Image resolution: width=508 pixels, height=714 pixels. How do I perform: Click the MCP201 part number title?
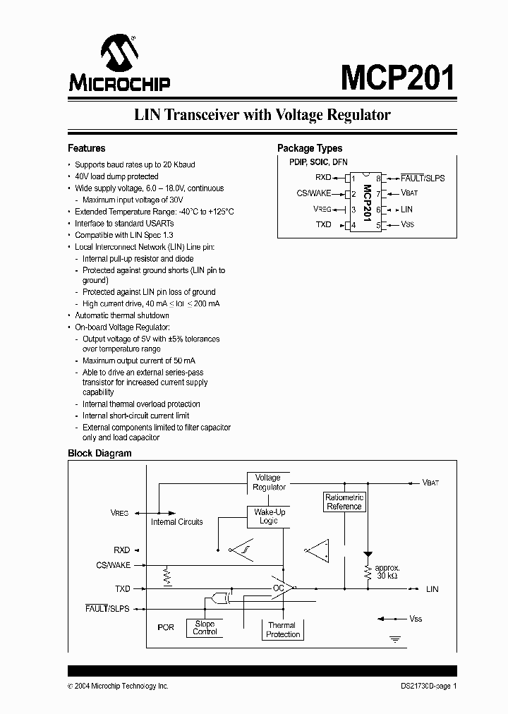398,77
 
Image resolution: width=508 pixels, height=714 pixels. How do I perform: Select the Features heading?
86,148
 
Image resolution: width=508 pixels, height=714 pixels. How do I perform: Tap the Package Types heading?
310,148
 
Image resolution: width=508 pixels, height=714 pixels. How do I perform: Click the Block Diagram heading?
99,454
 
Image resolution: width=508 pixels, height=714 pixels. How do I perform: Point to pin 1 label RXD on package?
323,178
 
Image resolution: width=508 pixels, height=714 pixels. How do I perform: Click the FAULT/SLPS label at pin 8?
423,178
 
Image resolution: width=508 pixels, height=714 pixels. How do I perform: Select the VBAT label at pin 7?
410,193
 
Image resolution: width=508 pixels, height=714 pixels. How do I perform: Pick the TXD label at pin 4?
323,225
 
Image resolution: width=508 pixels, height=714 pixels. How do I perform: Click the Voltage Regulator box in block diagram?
268,483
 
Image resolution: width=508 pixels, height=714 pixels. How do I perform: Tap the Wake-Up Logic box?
268,516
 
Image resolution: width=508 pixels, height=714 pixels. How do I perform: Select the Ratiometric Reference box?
344,502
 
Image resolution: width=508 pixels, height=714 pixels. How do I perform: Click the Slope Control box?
205,627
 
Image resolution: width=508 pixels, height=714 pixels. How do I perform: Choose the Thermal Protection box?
283,629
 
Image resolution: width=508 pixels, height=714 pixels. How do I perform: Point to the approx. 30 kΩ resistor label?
388,572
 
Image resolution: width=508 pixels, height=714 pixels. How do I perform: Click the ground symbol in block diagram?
395,639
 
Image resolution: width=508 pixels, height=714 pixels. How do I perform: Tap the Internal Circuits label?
176,522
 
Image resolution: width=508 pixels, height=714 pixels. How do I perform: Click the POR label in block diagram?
165,627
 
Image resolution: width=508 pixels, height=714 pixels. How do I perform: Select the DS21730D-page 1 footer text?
424,686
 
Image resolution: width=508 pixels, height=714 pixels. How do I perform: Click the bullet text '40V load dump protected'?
116,176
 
